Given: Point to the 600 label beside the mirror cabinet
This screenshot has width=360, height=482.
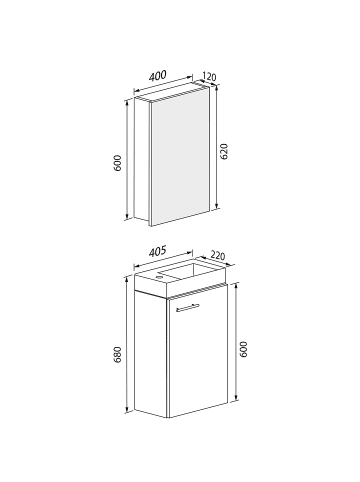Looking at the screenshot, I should pos(117,163).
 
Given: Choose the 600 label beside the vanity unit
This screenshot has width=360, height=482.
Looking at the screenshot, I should pos(243,350).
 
